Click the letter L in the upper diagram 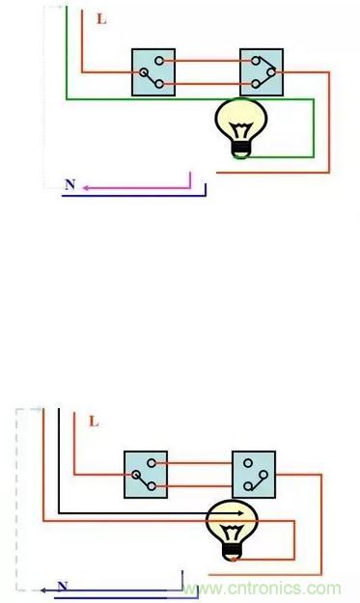click(x=101, y=19)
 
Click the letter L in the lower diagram click(x=94, y=422)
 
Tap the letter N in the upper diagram click(x=70, y=184)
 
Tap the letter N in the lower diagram click(x=63, y=587)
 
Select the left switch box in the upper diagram click(x=153, y=72)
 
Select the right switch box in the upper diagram click(x=262, y=72)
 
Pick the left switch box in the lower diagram click(x=146, y=475)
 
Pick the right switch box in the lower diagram click(x=254, y=475)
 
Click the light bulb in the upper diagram click(x=241, y=128)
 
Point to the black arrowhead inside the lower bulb click(x=240, y=513)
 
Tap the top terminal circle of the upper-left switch click(x=159, y=61)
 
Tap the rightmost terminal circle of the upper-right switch click(x=271, y=72)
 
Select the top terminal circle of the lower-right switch click(x=248, y=463)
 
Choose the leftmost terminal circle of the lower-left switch click(x=135, y=475)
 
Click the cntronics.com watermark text click(x=262, y=589)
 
